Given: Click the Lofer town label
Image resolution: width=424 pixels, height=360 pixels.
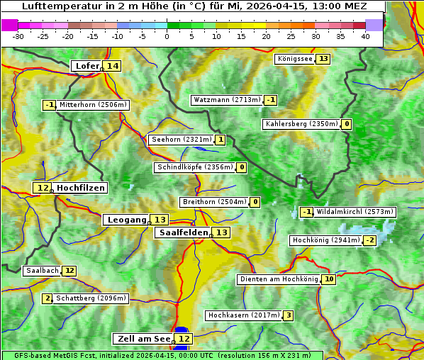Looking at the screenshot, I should [86, 66].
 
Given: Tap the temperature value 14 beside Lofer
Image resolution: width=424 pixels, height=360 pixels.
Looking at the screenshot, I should [112, 66].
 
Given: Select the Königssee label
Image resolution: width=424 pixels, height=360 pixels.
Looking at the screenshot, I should [295, 59].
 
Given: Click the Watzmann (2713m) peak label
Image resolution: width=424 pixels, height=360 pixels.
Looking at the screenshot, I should [227, 100].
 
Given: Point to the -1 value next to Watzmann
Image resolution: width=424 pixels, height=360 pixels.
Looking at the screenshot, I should [271, 100].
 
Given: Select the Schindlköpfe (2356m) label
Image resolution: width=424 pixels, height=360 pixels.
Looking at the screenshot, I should [194, 167].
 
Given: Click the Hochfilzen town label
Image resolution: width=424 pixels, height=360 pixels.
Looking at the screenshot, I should [81, 188].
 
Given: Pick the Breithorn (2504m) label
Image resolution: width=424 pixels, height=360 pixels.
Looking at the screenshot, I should [214, 202].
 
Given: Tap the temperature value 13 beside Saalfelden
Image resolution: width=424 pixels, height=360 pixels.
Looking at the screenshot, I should [222, 232].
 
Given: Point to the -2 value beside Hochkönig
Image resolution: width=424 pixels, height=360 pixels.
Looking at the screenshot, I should [369, 240].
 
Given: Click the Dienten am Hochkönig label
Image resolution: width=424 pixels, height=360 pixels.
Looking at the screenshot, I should [279, 279].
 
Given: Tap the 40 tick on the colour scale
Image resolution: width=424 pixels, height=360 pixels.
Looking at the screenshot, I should [365, 36].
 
